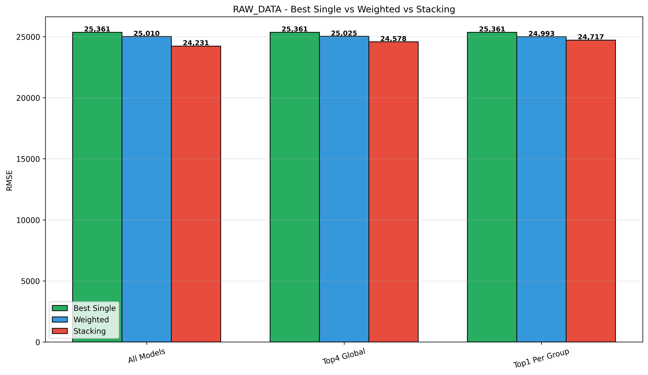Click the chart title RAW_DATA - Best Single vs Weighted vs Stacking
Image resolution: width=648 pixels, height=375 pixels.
(x=344, y=9)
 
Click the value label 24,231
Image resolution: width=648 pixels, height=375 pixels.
(x=196, y=43)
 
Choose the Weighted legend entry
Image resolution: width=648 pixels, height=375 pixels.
(x=91, y=320)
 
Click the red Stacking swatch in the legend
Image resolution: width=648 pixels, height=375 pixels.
(x=60, y=331)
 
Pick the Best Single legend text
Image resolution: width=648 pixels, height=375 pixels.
(x=95, y=308)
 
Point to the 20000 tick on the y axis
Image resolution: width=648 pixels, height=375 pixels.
(x=28, y=98)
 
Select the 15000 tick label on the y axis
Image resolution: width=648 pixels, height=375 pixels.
(x=28, y=159)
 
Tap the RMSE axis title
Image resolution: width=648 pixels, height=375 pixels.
(x=9, y=180)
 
